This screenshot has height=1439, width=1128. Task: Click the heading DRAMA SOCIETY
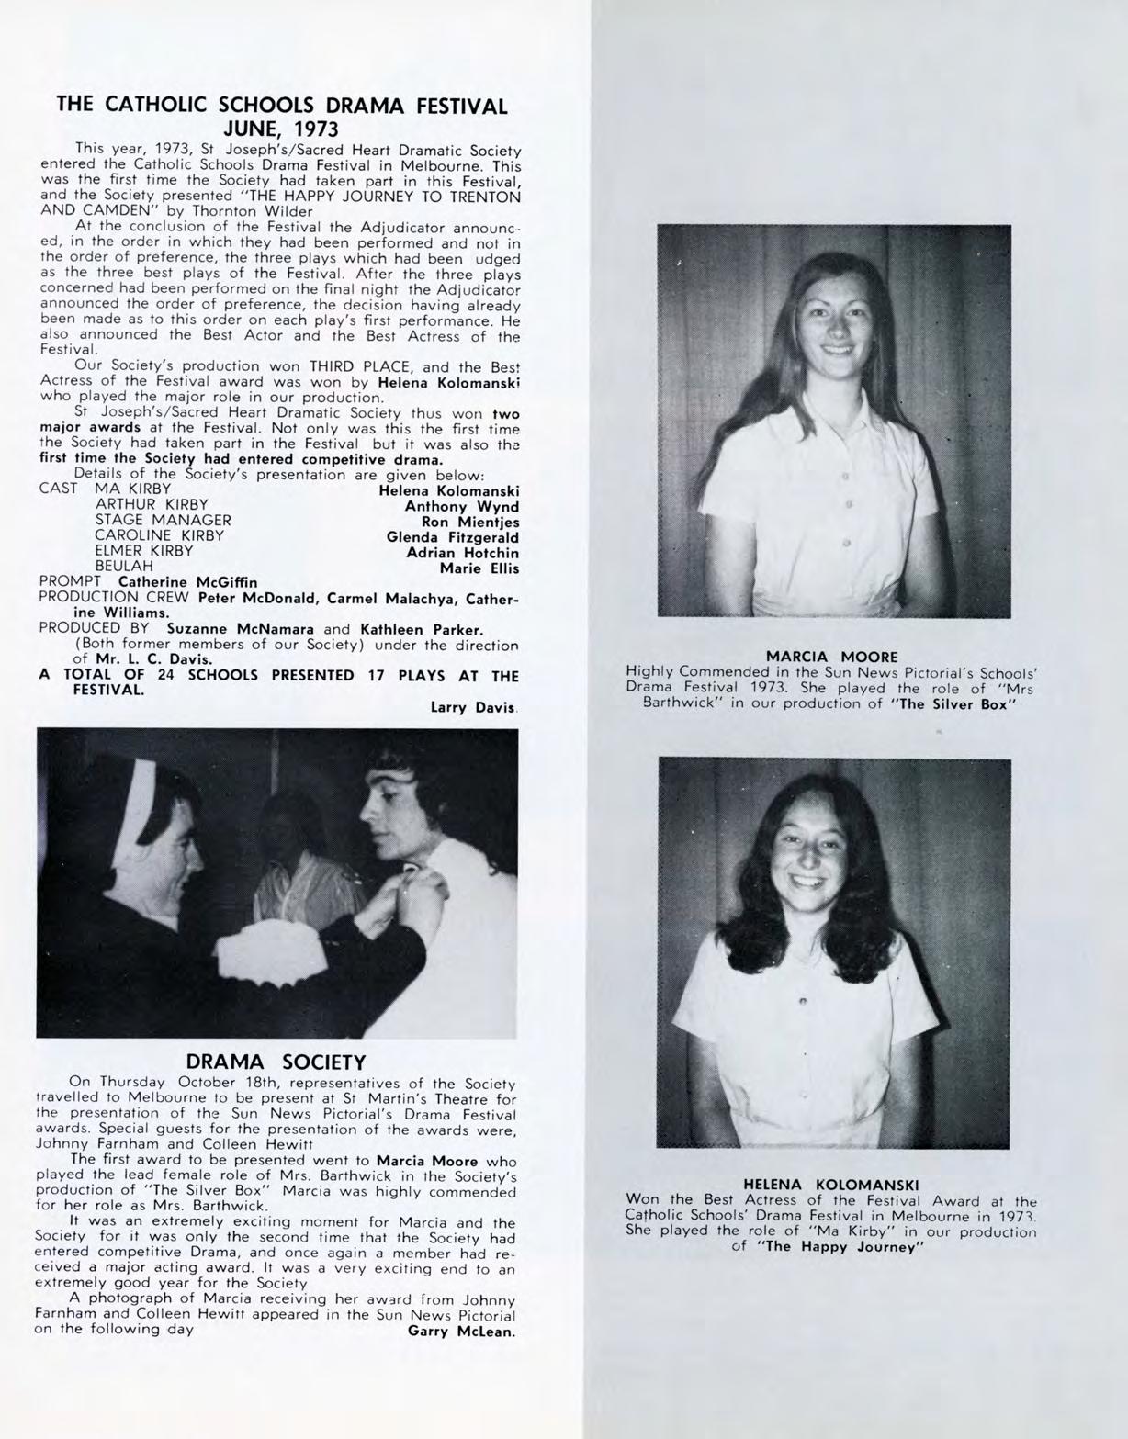276,1062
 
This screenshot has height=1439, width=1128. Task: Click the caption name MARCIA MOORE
831,657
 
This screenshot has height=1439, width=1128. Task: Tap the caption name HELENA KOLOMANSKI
830,1185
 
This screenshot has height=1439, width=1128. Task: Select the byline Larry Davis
473,708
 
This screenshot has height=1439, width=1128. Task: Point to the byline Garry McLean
461,1331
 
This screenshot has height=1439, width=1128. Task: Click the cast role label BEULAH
124,567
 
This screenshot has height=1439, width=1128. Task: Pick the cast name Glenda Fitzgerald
453,537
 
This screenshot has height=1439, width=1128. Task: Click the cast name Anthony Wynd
462,506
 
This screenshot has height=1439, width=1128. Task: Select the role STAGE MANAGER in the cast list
163,520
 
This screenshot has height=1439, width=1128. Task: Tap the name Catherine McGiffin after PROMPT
188,582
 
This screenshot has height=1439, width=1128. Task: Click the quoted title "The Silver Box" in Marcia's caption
960,704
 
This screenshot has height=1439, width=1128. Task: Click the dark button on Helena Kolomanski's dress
804,999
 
